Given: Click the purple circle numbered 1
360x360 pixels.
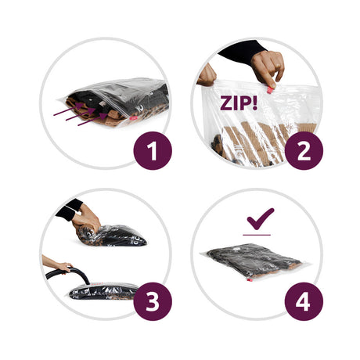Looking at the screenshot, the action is coord(153,151).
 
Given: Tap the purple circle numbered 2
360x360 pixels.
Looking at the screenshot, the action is coord(304,151).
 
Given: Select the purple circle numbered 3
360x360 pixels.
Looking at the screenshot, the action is coord(153,301).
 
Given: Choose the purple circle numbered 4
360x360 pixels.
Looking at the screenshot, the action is coord(304,301).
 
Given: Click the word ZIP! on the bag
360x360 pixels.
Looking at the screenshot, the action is coord(239,103).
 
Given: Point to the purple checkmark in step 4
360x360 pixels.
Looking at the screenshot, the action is coord(261,218).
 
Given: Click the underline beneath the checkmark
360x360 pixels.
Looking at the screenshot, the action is coord(257,235).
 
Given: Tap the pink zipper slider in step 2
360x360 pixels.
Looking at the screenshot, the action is coord(269,90).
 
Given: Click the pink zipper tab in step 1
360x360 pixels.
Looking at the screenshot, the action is coord(132,118).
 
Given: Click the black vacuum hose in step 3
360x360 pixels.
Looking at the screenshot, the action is coord(68,275).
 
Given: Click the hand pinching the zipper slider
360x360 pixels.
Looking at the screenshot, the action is coord(268,67).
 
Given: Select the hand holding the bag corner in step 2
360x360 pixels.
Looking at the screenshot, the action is coord(207,75).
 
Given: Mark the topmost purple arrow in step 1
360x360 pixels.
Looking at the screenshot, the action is coord(69,109).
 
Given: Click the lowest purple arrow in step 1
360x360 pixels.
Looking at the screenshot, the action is coord(92,120).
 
